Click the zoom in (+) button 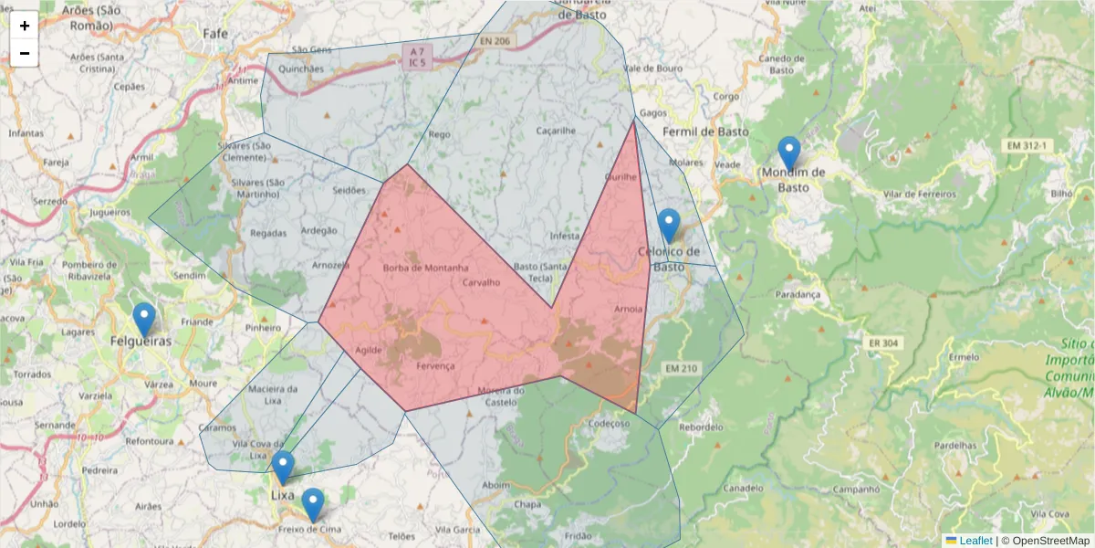(25, 26)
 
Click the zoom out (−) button (25, 53)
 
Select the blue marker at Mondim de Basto (788, 153)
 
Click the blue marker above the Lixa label (283, 468)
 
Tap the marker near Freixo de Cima (313, 505)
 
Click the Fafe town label (215, 34)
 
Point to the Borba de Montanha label (426, 268)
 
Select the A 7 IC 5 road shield (417, 57)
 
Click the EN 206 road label (496, 41)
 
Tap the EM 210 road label (681, 368)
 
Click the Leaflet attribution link (975, 541)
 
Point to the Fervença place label (434, 365)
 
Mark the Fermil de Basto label (705, 132)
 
